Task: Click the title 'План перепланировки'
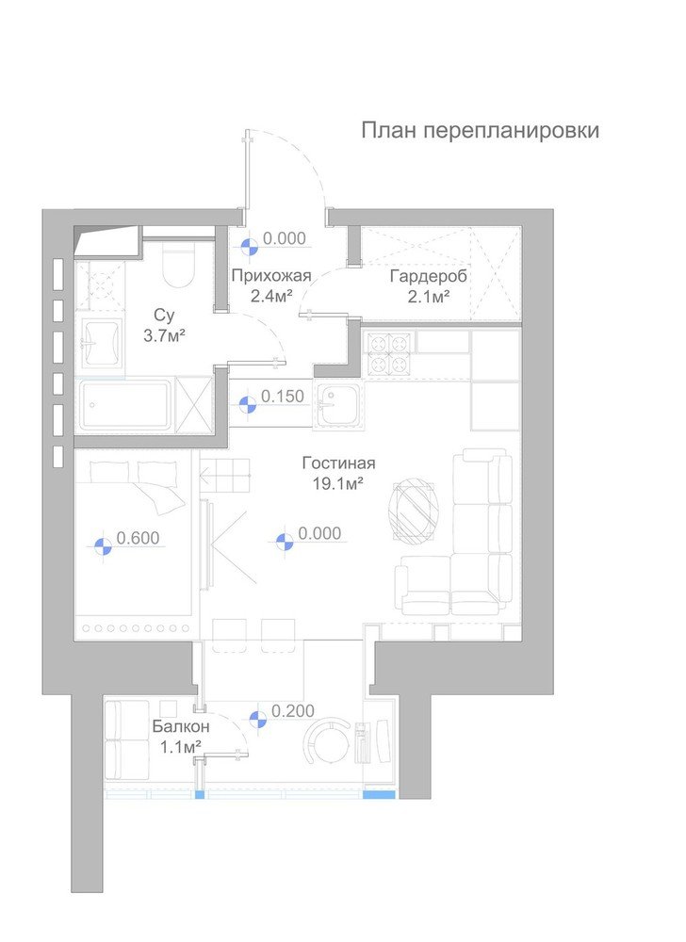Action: (x=480, y=131)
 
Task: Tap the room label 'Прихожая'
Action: (x=271, y=276)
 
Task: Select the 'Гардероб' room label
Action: (x=429, y=276)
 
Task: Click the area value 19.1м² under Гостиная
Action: (x=339, y=482)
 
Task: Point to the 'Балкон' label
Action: (x=181, y=726)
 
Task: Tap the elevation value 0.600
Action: (x=138, y=539)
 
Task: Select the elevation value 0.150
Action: (x=283, y=397)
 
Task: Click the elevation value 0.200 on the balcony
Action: (x=292, y=712)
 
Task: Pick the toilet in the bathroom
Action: (x=177, y=268)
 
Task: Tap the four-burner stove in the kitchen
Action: (x=387, y=353)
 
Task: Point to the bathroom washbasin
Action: (x=100, y=341)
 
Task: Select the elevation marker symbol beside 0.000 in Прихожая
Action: (x=250, y=247)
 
